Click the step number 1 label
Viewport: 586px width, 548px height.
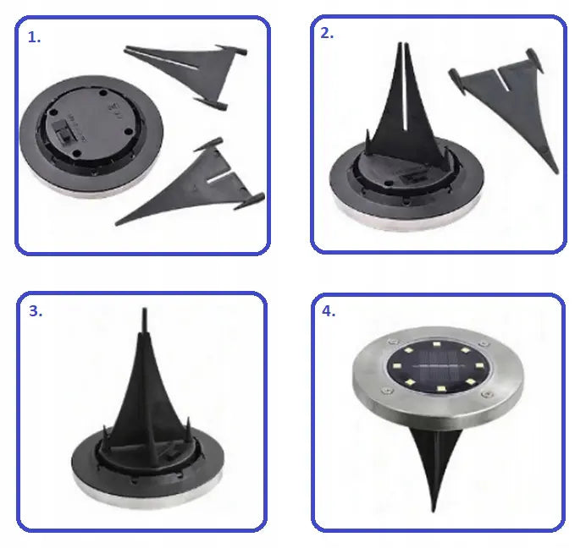34,37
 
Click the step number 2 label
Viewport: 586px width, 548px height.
327,33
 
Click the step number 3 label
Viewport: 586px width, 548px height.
36,311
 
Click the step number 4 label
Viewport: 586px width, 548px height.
329,311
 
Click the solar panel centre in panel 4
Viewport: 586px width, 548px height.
438,368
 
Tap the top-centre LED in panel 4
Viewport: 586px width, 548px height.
436,344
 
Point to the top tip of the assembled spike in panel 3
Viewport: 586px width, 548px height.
145,309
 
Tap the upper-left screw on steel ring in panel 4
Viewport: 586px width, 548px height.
392,342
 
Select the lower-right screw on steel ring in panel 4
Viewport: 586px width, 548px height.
487,394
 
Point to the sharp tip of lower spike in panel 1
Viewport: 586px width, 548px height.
117,223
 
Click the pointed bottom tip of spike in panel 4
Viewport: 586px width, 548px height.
434,511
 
